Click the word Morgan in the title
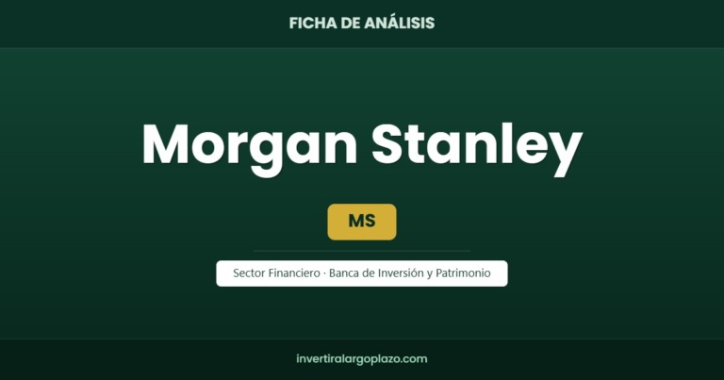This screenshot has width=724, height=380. pyautogui.click(x=250, y=146)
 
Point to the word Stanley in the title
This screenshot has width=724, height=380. pyautogui.click(x=477, y=146)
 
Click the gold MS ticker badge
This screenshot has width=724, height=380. pyautogui.click(x=362, y=223)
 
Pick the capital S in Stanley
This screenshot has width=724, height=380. pyautogui.click(x=390, y=143)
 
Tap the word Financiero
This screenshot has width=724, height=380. pyautogui.click(x=294, y=273)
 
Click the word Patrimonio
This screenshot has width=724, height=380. pyautogui.click(x=463, y=273)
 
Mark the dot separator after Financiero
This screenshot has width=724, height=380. pyautogui.click(x=324, y=273)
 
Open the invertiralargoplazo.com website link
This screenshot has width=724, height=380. pyautogui.click(x=362, y=358)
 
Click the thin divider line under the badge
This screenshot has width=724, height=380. pyautogui.click(x=362, y=251)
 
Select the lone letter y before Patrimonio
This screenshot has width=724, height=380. pyautogui.click(x=430, y=274)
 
